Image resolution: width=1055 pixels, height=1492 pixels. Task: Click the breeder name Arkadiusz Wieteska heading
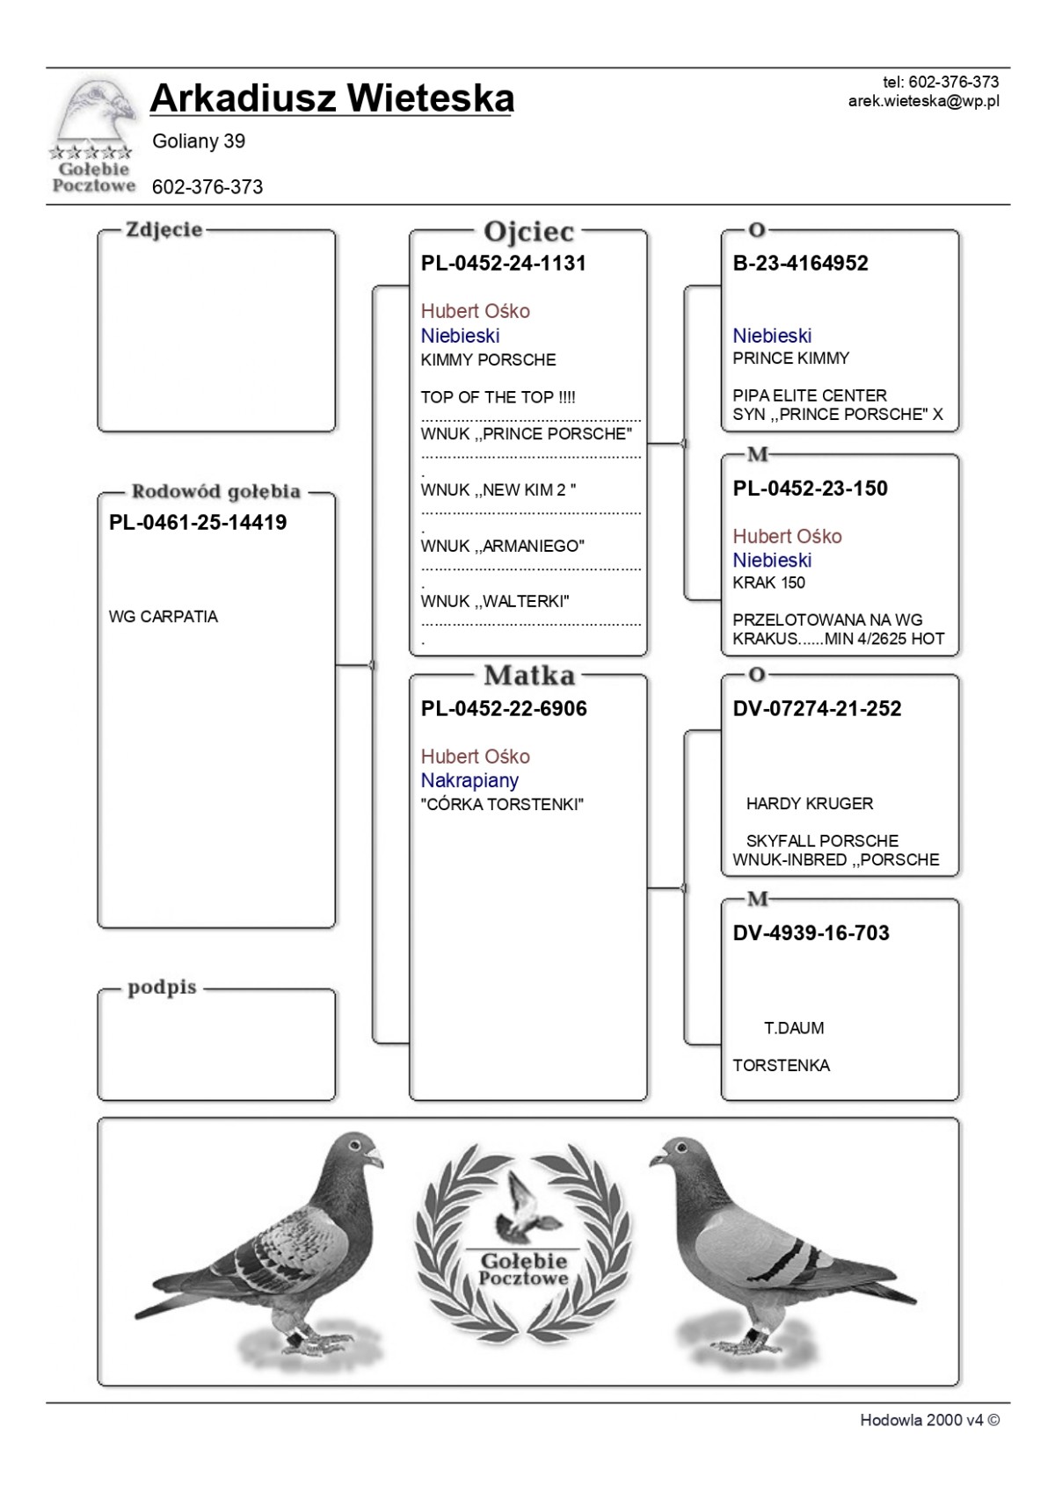(x=331, y=98)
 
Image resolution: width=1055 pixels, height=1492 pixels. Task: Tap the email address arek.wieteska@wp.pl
(x=923, y=101)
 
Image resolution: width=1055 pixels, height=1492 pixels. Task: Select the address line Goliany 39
(x=199, y=141)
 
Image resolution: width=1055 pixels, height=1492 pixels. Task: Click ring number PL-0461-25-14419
(x=198, y=523)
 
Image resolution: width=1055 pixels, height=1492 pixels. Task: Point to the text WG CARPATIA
(x=164, y=617)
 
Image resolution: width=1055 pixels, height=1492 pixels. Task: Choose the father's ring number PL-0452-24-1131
(x=503, y=264)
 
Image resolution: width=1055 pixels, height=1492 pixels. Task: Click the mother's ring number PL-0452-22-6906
(x=504, y=709)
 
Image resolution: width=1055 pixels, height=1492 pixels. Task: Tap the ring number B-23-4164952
(x=800, y=264)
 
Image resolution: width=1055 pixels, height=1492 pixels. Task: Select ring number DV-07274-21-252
(x=817, y=709)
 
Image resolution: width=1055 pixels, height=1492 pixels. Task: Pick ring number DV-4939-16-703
(x=811, y=933)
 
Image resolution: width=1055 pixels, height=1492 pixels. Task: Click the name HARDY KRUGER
(x=809, y=804)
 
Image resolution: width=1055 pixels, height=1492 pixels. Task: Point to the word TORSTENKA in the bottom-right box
(x=781, y=1066)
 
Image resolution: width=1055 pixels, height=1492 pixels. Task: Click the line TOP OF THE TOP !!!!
(x=498, y=397)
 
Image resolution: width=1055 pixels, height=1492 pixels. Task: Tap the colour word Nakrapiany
(x=469, y=780)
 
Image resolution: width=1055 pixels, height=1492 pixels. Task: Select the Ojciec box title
(x=528, y=232)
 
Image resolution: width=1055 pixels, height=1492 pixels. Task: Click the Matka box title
(x=528, y=676)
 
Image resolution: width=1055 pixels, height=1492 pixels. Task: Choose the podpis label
(x=162, y=988)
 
